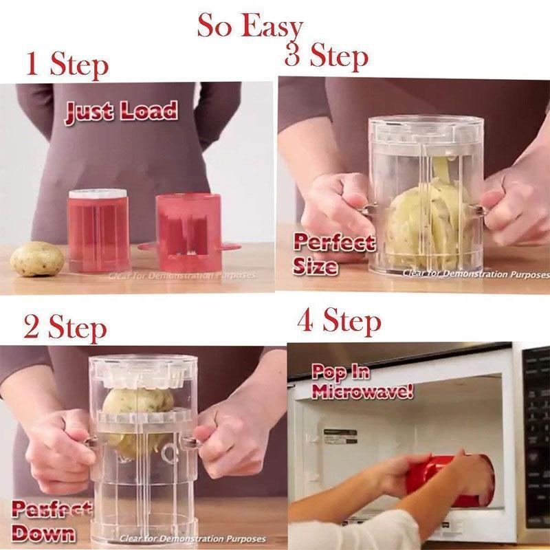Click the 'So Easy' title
click(x=250, y=26)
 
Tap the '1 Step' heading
click(x=67, y=65)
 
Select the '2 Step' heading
click(x=65, y=328)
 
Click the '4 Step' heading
click(x=339, y=321)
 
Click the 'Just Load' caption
click(x=121, y=112)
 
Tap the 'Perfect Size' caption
click(x=334, y=254)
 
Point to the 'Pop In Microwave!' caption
click(x=362, y=383)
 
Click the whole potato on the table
click(x=37, y=259)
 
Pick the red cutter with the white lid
click(x=98, y=230)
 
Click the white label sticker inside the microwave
click(x=340, y=437)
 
